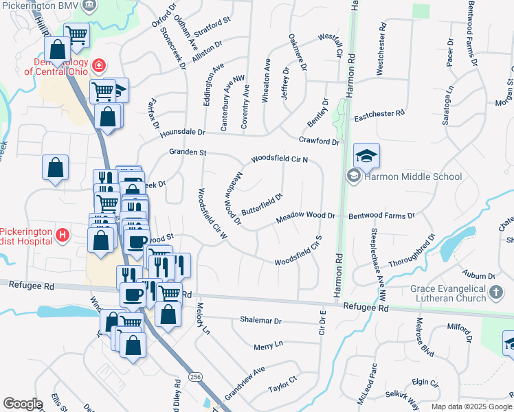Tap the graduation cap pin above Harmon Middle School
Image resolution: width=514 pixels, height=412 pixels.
click(367, 157)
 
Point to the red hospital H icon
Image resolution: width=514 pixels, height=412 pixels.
click(63, 236)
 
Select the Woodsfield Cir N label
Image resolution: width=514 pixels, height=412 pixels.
click(279, 159)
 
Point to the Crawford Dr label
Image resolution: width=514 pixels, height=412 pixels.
click(320, 141)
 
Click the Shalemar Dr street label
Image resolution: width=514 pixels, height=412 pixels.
click(261, 321)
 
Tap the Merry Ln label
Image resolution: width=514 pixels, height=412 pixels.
click(268, 344)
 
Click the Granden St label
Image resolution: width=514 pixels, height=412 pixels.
click(188, 152)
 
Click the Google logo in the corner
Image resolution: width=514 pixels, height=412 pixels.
click(23, 404)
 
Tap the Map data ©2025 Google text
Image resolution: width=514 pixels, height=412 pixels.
click(472, 407)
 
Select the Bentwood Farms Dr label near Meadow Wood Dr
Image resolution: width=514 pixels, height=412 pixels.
click(381, 216)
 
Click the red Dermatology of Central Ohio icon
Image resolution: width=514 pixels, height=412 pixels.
click(100, 65)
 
